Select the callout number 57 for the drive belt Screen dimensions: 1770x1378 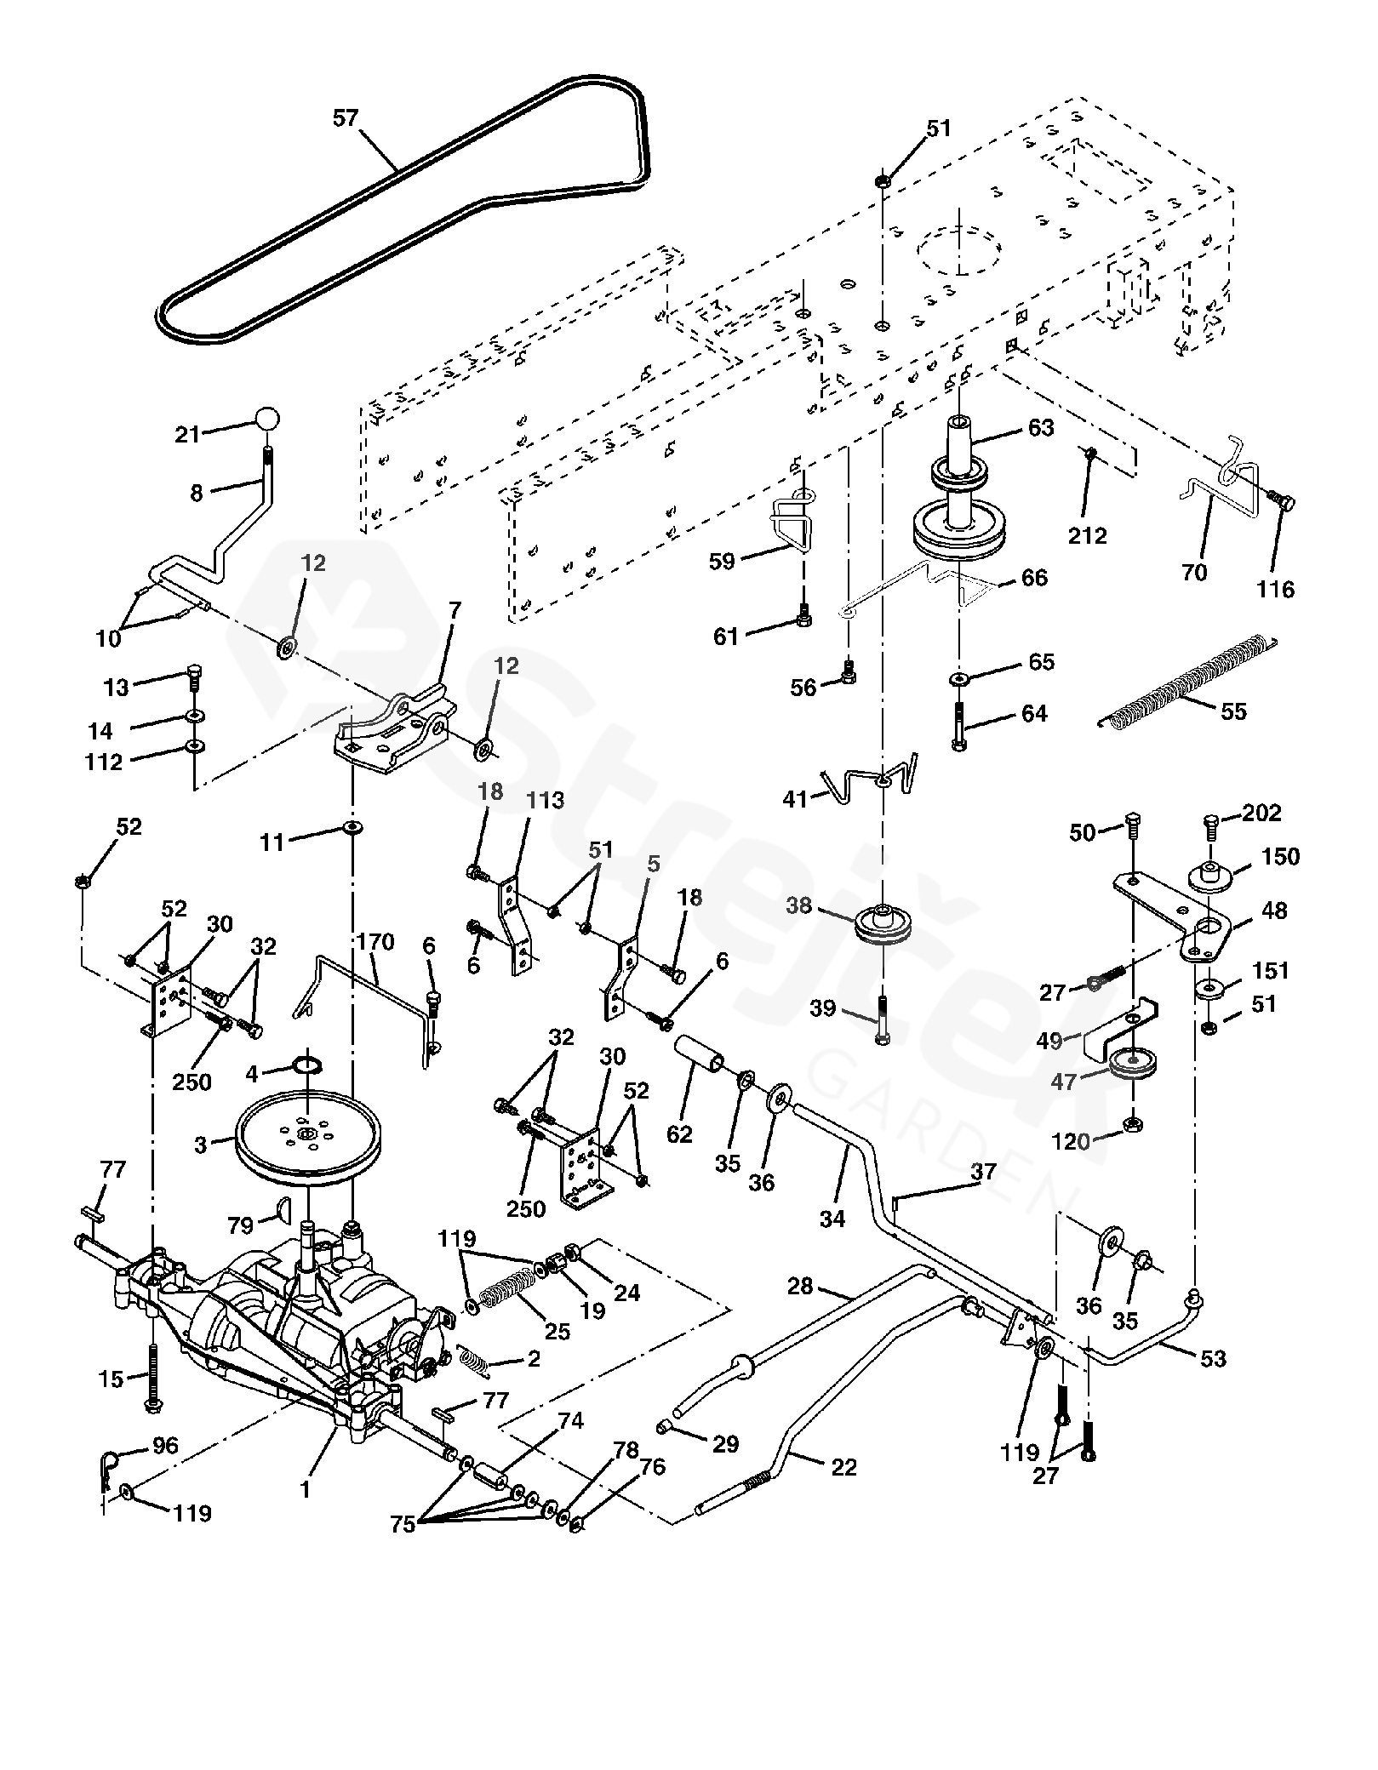pyautogui.click(x=346, y=118)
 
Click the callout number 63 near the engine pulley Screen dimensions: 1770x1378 pyautogui.click(x=1041, y=427)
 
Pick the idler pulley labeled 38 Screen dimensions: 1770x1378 pyautogui.click(x=883, y=926)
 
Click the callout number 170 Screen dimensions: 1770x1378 pyautogui.click(x=375, y=942)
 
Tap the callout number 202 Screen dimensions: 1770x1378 pyautogui.click(x=1261, y=813)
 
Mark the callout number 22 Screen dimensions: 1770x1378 pyautogui.click(x=843, y=1467)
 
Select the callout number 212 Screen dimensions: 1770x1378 pyautogui.click(x=1089, y=535)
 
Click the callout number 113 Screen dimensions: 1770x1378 pyautogui.click(x=546, y=800)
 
